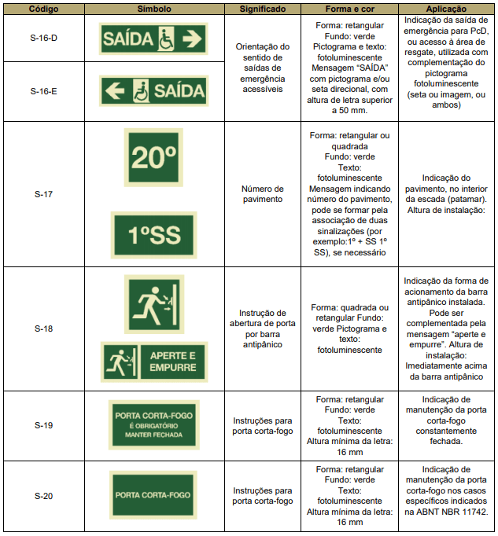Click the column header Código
(43, 8)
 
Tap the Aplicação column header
(446, 8)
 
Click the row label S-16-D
(43, 38)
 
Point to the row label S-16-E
(43, 91)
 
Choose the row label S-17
(43, 193)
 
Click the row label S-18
(43, 329)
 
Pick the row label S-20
(43, 495)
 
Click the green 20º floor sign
(153, 158)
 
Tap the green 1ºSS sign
(153, 234)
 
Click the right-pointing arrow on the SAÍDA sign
(191, 38)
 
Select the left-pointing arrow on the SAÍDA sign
(115, 91)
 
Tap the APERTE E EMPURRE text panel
(173, 362)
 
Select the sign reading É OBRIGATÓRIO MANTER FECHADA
(153, 424)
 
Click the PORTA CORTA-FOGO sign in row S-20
(153, 494)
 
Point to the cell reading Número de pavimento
(263, 193)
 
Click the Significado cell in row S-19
(263, 425)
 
